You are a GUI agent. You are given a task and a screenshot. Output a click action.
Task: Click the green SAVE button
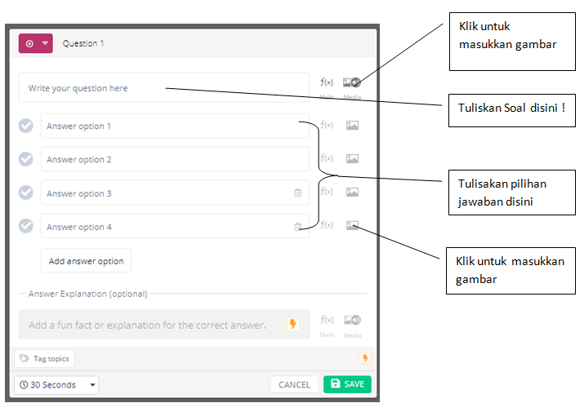click(347, 384)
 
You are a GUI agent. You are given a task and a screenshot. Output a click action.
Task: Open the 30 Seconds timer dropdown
click(56, 385)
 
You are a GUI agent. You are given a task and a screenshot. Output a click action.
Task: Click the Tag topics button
click(44, 358)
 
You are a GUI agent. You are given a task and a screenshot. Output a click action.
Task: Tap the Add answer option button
click(86, 261)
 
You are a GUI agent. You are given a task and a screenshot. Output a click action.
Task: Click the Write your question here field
click(163, 88)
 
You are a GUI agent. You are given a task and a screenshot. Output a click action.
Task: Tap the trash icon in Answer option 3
click(297, 193)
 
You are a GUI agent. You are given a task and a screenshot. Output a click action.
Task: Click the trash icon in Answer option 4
click(297, 227)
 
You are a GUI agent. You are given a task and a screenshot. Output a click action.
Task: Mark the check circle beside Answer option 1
click(26, 126)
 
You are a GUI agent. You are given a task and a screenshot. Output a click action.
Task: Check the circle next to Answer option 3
click(26, 193)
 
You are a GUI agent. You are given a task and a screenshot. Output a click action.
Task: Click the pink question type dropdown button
click(36, 44)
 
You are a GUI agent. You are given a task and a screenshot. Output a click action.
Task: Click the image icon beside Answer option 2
click(352, 158)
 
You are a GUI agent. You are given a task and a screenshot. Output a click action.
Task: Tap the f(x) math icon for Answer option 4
click(327, 225)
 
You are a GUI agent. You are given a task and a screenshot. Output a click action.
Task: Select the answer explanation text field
click(151, 325)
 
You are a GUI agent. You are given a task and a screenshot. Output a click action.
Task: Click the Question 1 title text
click(83, 44)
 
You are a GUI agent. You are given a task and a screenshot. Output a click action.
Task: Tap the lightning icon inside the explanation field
click(293, 325)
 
